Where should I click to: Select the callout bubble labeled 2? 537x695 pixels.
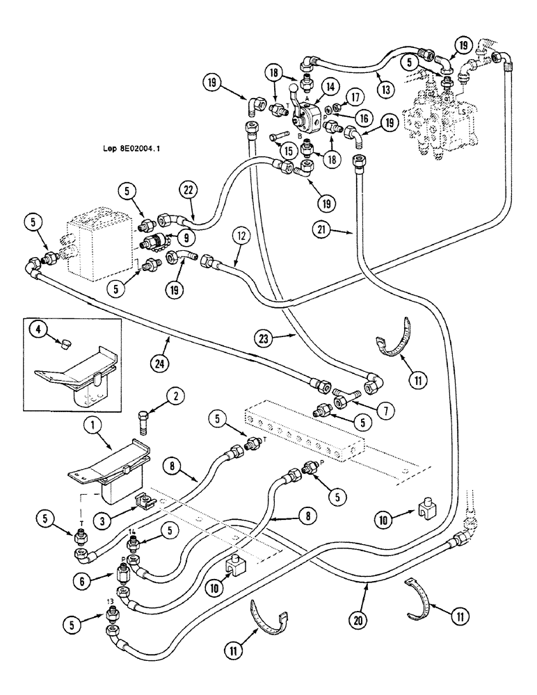pos(176,397)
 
